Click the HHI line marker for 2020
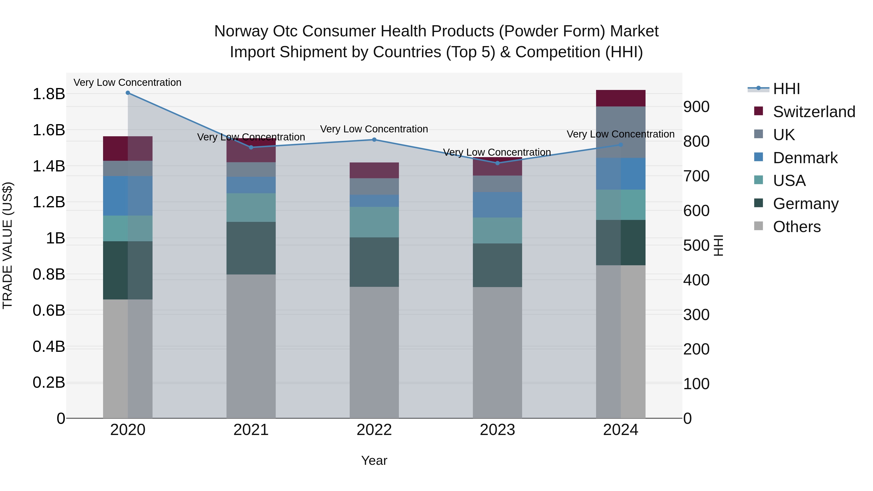128,93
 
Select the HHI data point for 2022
374,140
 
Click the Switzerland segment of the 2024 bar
621,98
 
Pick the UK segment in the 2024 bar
621,132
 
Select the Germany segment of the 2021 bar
251,248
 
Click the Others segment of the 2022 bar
374,352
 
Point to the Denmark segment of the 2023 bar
497,205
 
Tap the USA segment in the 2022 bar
374,222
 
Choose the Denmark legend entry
805,158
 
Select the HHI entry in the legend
786,89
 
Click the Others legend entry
796,227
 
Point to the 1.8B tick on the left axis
48,94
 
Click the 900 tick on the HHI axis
696,107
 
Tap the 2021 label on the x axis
251,430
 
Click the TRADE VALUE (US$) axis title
8,245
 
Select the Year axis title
374,460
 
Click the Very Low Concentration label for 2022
374,129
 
